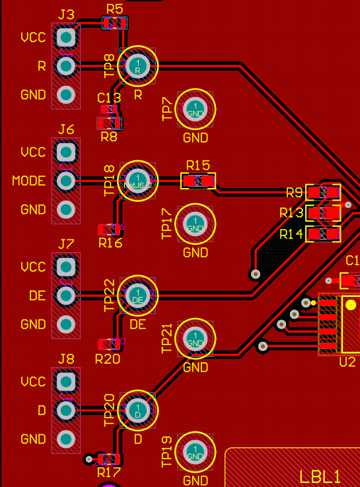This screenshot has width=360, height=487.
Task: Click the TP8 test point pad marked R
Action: (x=138, y=65)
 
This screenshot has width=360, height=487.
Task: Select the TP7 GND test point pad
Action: (x=196, y=109)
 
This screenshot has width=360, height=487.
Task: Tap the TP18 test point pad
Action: (x=138, y=180)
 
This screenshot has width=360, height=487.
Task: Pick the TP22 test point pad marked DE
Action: (x=138, y=296)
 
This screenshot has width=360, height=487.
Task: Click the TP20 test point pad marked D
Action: (x=138, y=410)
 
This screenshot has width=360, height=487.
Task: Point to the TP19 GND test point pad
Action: (x=196, y=453)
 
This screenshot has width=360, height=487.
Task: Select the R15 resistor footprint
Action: (x=198, y=181)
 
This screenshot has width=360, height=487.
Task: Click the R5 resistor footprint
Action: (x=114, y=24)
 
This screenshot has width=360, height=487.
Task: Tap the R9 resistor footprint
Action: (x=323, y=193)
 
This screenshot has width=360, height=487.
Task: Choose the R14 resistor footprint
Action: (x=323, y=234)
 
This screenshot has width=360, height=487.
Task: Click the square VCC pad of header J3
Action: (x=66, y=36)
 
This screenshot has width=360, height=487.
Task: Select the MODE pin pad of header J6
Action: (x=66, y=180)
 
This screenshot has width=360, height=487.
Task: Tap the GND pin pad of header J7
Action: (x=66, y=324)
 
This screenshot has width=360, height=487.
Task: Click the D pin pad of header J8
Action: (x=66, y=410)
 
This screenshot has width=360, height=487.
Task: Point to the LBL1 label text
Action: (x=320, y=476)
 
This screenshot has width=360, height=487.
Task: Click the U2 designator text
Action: (x=347, y=362)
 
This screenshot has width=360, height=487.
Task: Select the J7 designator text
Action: (x=66, y=244)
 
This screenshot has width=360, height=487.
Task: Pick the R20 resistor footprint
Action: (x=108, y=344)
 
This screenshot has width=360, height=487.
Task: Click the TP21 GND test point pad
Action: (x=196, y=339)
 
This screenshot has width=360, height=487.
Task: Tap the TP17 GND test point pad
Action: (x=196, y=224)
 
